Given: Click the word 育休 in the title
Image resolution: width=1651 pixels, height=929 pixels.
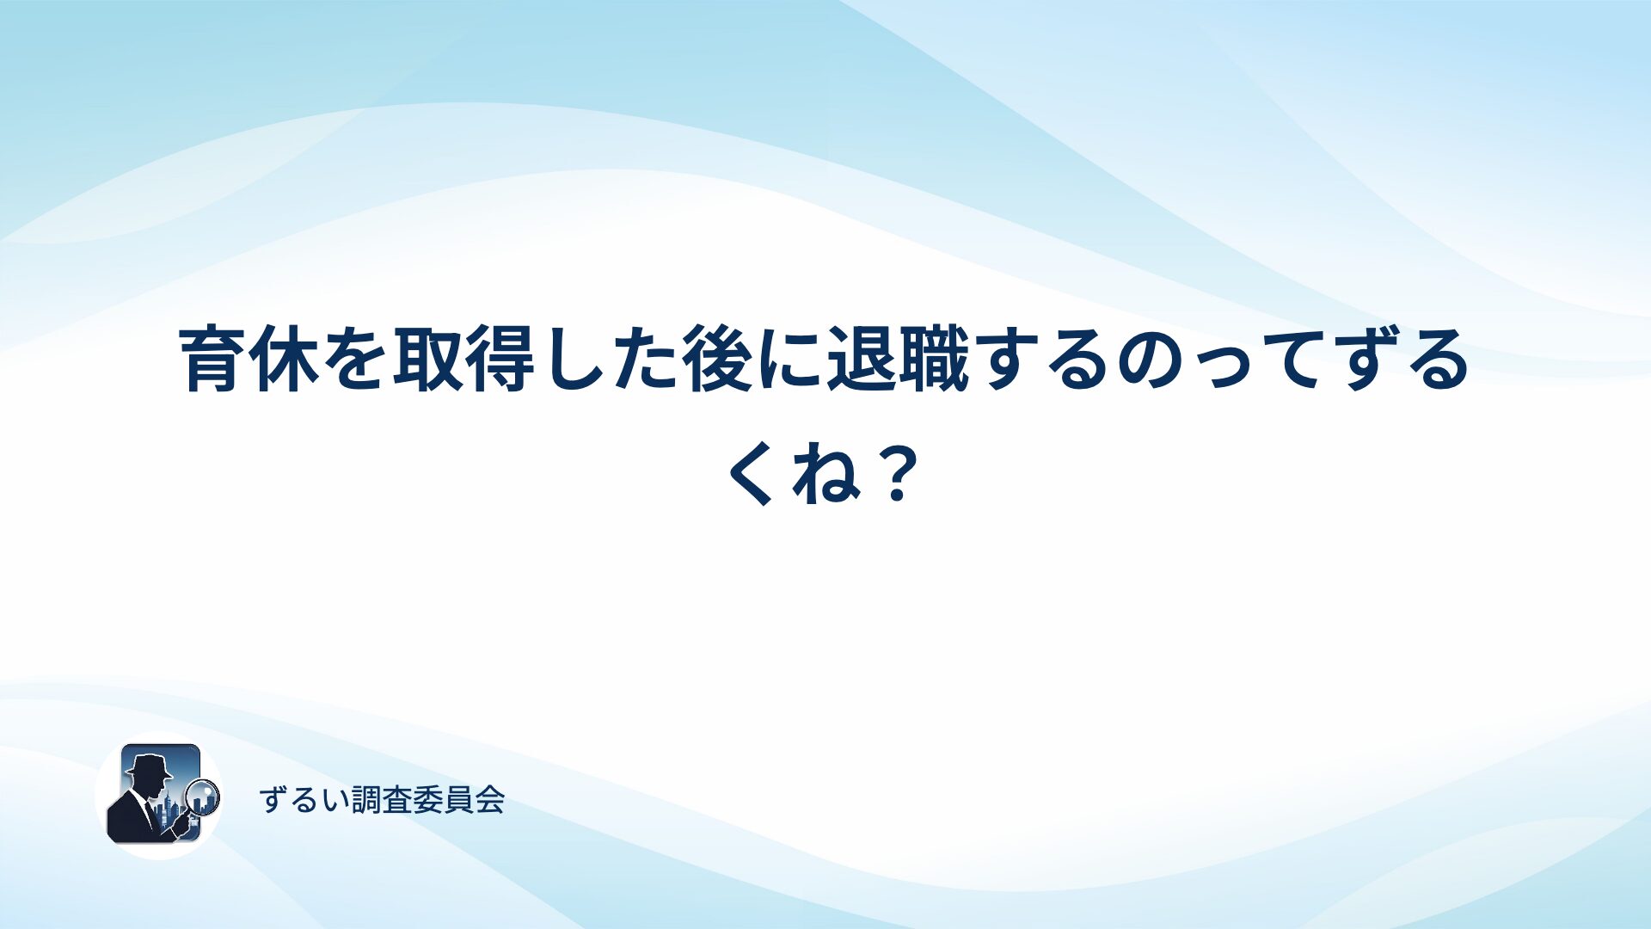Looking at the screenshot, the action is point(250,360).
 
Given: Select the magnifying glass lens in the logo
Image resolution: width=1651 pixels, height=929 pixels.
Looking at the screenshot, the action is point(203,796).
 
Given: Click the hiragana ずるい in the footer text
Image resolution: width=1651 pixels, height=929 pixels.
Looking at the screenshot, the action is point(304,800).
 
